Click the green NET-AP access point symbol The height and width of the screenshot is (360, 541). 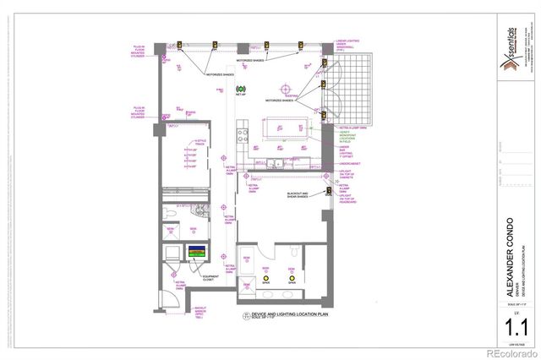click(x=239, y=89)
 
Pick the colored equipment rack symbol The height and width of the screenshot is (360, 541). click(x=197, y=253)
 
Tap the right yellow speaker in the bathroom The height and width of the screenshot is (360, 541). click(x=292, y=278)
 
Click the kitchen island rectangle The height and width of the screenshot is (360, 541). click(x=286, y=132)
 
